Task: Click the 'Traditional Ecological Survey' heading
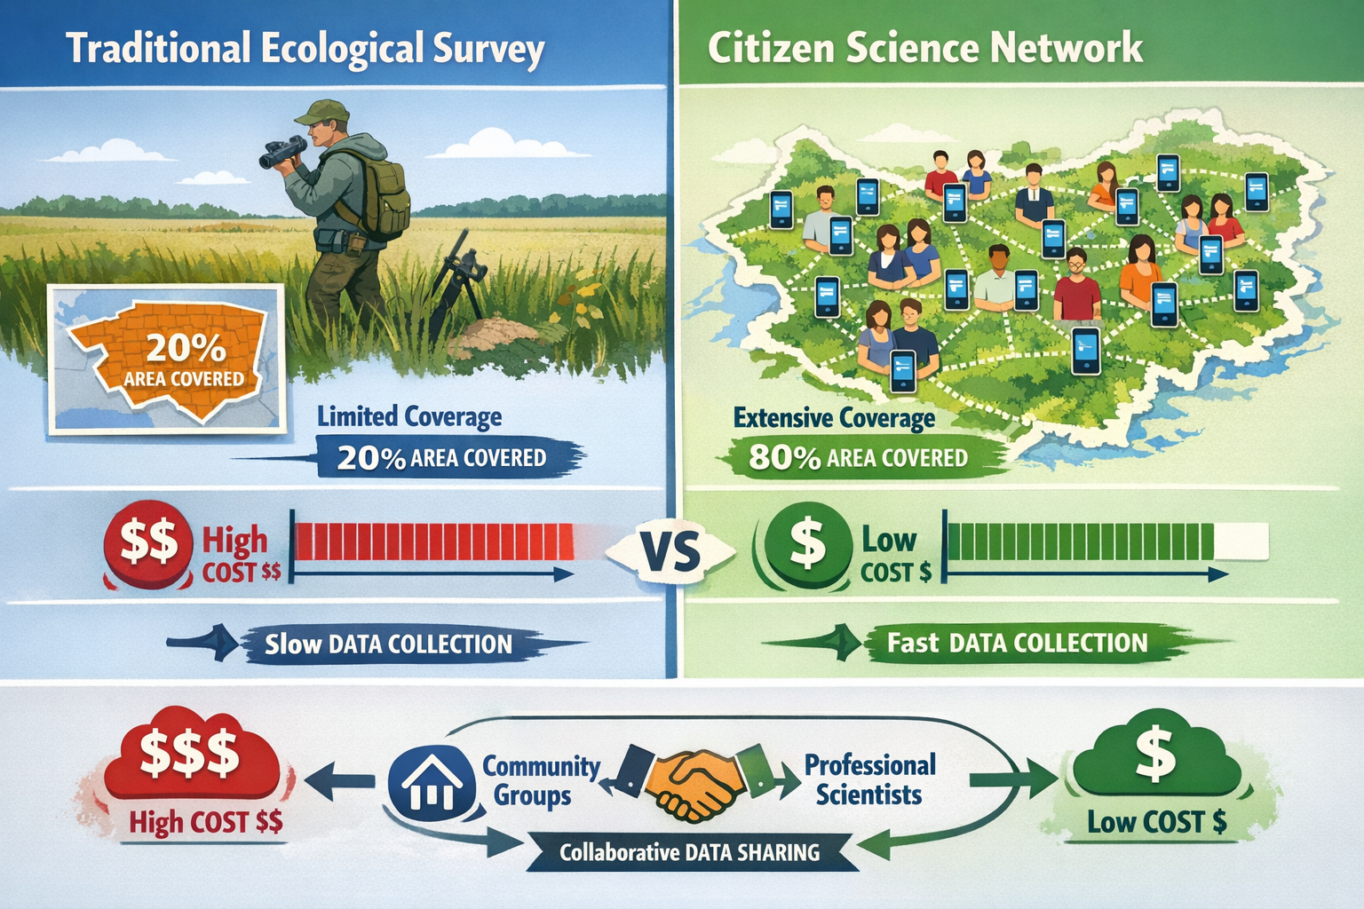coord(305,49)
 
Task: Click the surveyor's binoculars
coord(282,153)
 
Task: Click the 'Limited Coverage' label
coord(409,416)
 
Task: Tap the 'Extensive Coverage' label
coord(834,418)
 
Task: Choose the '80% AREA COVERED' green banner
coord(858,457)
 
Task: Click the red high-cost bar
coord(433,541)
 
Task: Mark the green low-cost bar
coord(1082,541)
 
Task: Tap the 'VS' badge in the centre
coord(670,553)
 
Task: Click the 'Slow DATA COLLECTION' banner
coord(388,644)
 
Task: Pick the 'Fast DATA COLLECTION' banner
coord(1017,643)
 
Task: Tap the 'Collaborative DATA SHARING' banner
coord(689,853)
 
